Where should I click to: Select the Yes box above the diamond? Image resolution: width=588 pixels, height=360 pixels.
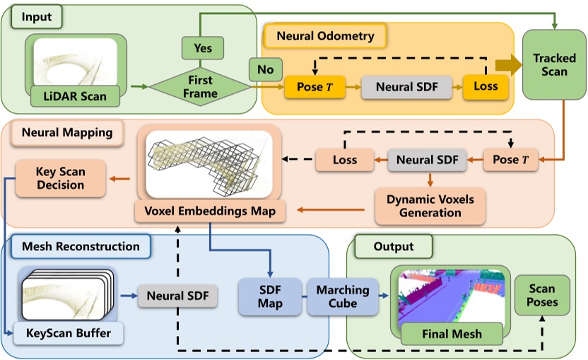203,49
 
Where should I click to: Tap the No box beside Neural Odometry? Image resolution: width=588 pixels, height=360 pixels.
265,69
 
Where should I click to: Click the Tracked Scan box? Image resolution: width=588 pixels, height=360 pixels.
554,64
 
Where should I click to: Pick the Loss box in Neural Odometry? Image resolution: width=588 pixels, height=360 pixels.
485,87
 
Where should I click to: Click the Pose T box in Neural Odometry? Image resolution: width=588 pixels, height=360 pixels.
308,87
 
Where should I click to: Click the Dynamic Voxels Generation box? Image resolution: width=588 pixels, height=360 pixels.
430,206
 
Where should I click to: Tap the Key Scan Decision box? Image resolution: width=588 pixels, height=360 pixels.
60,178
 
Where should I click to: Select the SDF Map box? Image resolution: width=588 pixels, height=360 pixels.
269,296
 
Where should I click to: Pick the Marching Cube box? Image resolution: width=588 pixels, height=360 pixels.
342,296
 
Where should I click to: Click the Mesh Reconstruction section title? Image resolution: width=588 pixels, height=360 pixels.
81,247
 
